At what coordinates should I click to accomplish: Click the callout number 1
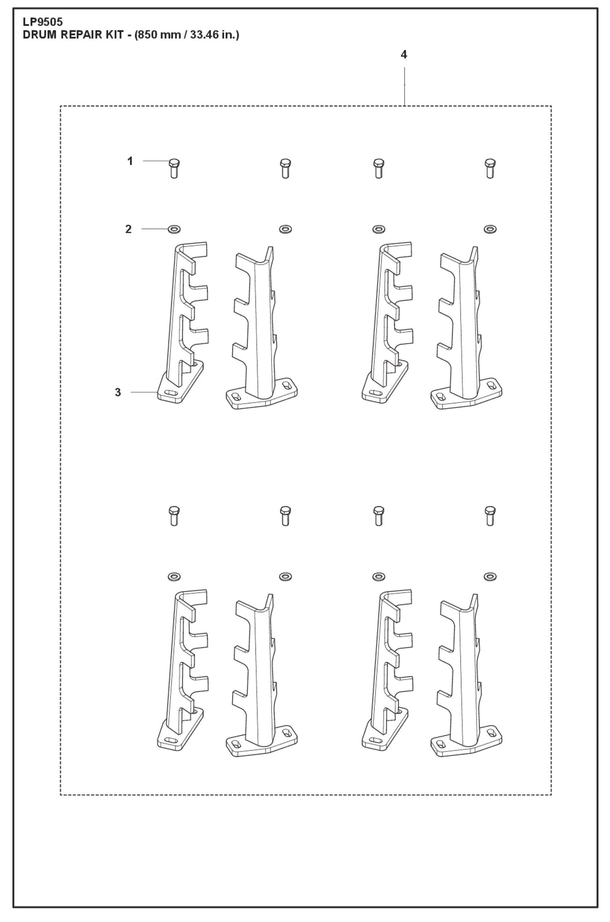coord(130,161)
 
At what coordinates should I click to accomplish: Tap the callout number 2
coord(128,229)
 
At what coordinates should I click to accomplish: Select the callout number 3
coord(118,392)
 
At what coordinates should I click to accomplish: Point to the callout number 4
coord(404,54)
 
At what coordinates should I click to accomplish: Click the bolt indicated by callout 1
coord(174,169)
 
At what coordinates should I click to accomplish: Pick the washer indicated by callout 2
coord(174,229)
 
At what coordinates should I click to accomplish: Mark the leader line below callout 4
coord(404,87)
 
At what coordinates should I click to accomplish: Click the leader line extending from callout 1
coord(155,161)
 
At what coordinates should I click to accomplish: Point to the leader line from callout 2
coord(155,229)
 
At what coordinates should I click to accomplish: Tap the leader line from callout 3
coord(144,392)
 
